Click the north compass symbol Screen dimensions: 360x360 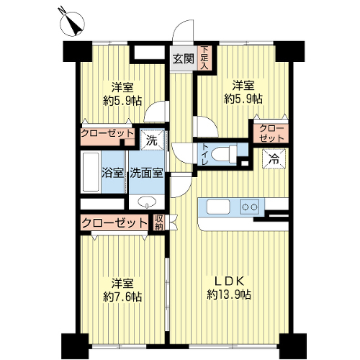[x=72, y=24]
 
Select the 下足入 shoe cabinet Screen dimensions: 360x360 [x=204, y=58]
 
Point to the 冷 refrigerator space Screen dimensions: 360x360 [x=274, y=159]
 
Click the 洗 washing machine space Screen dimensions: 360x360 [x=152, y=140]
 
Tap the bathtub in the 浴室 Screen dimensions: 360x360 [x=91, y=172]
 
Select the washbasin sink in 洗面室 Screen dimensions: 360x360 [x=146, y=202]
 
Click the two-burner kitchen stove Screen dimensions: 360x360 [x=250, y=207]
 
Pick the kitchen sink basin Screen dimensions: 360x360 [x=218, y=207]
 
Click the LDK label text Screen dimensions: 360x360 [x=229, y=281]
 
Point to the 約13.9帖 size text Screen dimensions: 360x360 [x=229, y=294]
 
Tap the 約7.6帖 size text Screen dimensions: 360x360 [x=122, y=297]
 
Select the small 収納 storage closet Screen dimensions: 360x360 [x=158, y=222]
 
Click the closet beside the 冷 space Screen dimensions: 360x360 [x=271, y=133]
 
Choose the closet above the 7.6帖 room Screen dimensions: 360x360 [x=114, y=222]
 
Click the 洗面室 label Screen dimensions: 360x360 [x=146, y=173]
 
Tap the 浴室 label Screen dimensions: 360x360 [x=113, y=173]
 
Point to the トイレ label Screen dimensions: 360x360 [x=204, y=154]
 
